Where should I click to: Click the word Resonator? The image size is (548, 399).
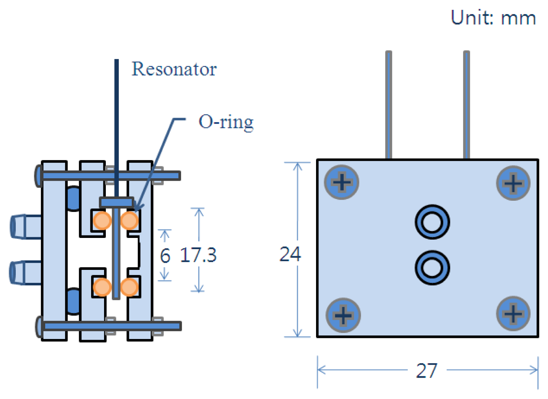click(x=174, y=69)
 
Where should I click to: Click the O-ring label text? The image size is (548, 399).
click(x=226, y=122)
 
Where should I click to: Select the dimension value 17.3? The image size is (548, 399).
click(x=198, y=255)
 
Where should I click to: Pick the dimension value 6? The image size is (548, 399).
click(x=165, y=256)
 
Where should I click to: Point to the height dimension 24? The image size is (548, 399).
click(x=290, y=254)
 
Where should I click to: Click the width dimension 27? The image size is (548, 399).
click(x=426, y=371)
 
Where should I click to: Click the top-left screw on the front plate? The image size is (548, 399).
click(x=342, y=182)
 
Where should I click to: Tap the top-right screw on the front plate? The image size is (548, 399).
click(x=513, y=183)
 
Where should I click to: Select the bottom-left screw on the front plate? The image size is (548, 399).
click(x=343, y=315)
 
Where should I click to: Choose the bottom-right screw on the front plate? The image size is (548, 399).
click(x=513, y=313)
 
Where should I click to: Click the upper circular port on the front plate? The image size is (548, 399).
click(x=432, y=222)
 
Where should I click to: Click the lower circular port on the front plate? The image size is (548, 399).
click(x=432, y=268)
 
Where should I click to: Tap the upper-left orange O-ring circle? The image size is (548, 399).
click(x=102, y=221)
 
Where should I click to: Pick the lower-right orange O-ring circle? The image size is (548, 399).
click(x=129, y=287)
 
